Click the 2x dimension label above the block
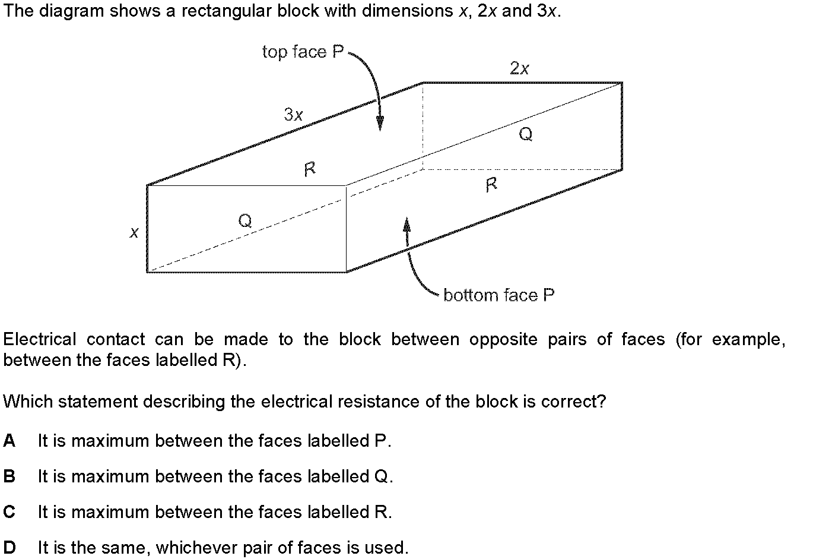519,68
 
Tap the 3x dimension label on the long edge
293,115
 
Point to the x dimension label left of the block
134,232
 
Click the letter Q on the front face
245,220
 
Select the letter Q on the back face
526,134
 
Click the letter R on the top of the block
310,169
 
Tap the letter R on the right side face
491,185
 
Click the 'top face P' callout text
303,52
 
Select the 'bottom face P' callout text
499,295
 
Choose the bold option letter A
9,441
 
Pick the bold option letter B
9,476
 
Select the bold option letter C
9,512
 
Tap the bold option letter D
9,547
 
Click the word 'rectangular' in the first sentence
226,11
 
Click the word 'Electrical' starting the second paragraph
40,339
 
